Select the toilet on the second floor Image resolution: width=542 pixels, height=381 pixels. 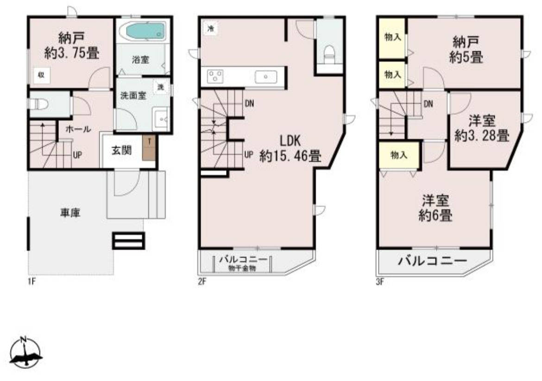pyautogui.click(x=329, y=53)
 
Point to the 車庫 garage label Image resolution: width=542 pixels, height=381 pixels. pyautogui.click(x=71, y=213)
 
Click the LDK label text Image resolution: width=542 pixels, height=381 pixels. pyautogui.click(x=290, y=141)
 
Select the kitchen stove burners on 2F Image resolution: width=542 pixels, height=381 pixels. pyautogui.click(x=215, y=76)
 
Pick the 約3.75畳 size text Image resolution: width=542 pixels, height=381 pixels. pyautogui.click(x=72, y=53)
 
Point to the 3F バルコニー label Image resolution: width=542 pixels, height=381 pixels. pyautogui.click(x=432, y=262)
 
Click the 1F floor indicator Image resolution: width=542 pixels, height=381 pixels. pyautogui.click(x=31, y=281)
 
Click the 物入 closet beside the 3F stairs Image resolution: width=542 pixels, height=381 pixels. pyautogui.click(x=398, y=156)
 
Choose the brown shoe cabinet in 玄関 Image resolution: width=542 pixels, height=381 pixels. pyautogui.click(x=149, y=148)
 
